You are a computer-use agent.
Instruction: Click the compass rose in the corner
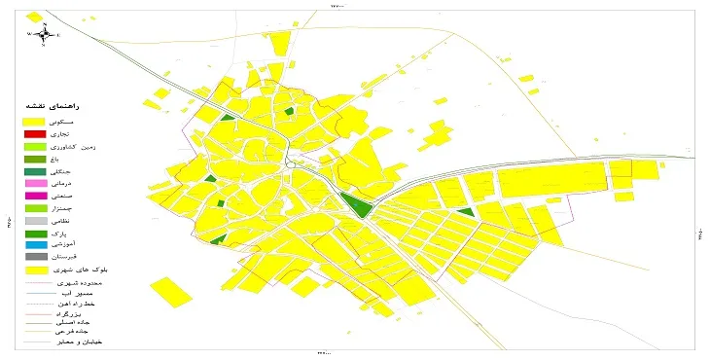(44, 34)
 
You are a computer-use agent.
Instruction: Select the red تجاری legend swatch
(36, 134)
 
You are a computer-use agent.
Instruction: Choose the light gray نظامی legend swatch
(36, 221)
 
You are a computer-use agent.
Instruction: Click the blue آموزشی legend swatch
(36, 245)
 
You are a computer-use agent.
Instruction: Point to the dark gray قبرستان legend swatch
(36, 257)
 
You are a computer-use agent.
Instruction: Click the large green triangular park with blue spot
(356, 206)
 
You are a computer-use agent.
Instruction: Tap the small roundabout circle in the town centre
(290, 165)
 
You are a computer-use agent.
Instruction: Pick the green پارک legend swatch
(36, 234)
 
